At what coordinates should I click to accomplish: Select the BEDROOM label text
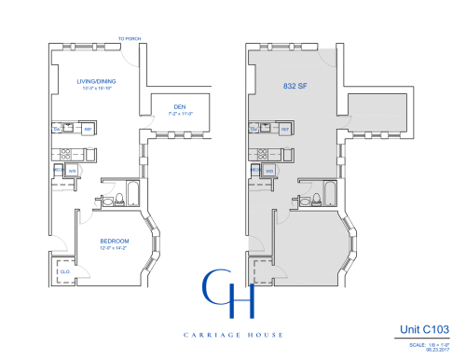115,241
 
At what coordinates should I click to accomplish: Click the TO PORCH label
129,39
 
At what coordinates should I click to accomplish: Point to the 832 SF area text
295,85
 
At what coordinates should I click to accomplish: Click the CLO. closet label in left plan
64,271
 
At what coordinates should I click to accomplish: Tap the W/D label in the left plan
72,171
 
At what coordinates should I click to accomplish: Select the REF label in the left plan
88,129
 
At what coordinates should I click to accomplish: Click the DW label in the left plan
57,130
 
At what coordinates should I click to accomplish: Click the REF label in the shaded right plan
285,129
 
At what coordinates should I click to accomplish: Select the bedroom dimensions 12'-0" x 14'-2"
115,248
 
